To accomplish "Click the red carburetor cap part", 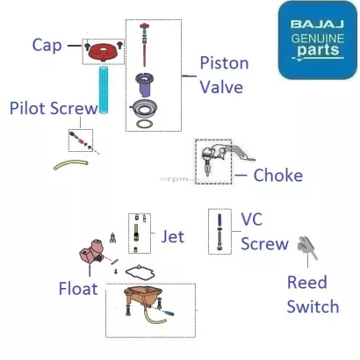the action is coord(103,53).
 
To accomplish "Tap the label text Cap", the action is coord(47,45).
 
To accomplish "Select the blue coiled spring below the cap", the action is coord(104,90).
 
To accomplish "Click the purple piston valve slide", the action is coord(144,84).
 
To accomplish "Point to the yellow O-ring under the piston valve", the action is coord(145,124).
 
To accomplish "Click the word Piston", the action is coord(224,63).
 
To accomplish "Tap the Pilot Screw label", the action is coord(54,108).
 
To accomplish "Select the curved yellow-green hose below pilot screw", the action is coord(70,164).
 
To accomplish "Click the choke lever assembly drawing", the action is coord(222,158).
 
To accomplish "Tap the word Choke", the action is coord(278,175).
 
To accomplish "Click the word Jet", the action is coord(173,236).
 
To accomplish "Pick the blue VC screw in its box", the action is coord(220,232).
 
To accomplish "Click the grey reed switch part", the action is coord(306,248).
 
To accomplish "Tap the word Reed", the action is coord(307,283).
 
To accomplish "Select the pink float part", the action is coord(90,251).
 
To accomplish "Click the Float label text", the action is coord(78,289).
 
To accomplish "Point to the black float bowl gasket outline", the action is coord(140,271).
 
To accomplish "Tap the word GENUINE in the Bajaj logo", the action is coord(318,39).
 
